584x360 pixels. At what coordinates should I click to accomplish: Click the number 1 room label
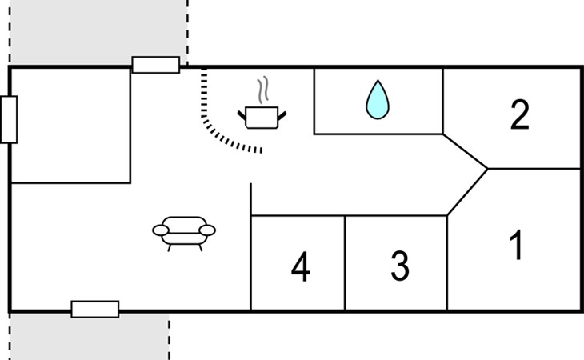[x=517, y=245]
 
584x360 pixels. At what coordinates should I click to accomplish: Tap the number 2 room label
[x=520, y=114]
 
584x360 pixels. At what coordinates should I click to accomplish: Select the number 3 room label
[x=400, y=266]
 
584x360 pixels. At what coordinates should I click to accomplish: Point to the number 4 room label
[x=301, y=266]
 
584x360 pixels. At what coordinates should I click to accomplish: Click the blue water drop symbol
[x=378, y=100]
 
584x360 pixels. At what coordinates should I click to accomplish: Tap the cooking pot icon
[x=262, y=117]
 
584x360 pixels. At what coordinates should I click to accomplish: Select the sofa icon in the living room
[x=184, y=234]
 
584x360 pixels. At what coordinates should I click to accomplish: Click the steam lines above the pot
[x=263, y=90]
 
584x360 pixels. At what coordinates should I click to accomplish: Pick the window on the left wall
[x=9, y=119]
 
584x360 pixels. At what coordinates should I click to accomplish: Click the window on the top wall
[x=156, y=65]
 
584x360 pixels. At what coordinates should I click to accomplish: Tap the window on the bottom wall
[x=95, y=310]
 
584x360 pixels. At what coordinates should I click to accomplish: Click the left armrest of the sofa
[x=161, y=230]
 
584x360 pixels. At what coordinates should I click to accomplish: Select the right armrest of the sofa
[x=207, y=230]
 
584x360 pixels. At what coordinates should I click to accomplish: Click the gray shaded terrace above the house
[x=98, y=33]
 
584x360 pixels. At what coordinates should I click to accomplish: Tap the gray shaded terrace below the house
[x=90, y=336]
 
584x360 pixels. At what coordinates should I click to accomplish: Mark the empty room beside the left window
[x=70, y=126]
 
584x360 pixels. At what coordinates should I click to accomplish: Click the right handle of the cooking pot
[x=282, y=116]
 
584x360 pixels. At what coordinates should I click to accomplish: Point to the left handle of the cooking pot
[x=242, y=116]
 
